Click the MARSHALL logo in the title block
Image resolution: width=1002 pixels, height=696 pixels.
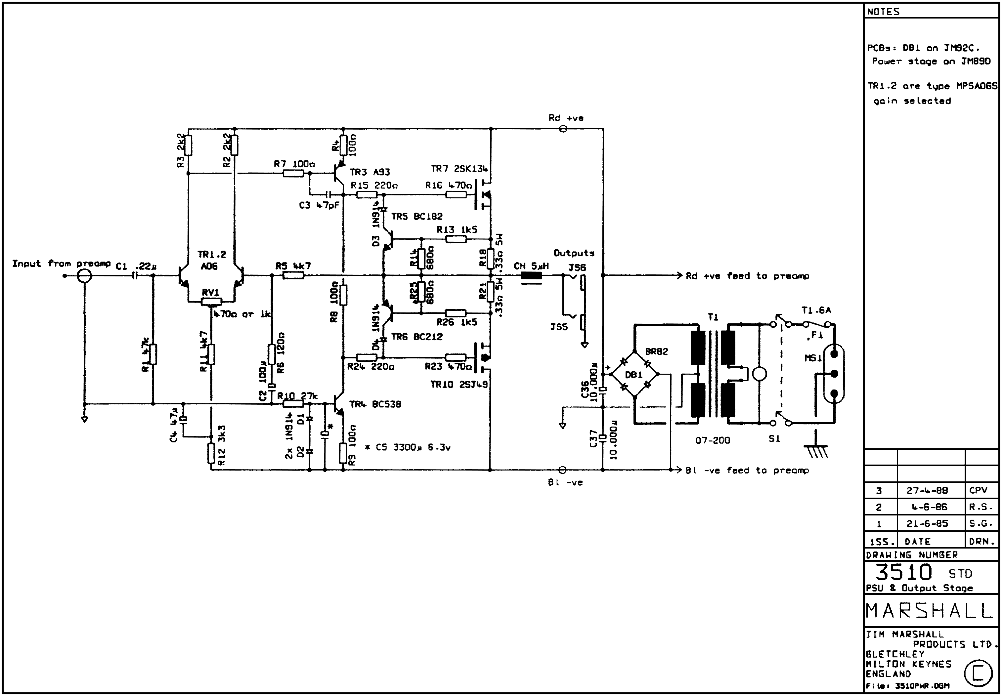point(929,610)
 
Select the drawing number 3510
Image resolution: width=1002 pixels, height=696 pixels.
point(903,572)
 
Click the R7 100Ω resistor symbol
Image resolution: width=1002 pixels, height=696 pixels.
point(293,174)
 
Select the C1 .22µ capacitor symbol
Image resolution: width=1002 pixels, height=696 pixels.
point(136,276)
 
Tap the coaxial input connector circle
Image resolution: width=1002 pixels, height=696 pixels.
point(84,276)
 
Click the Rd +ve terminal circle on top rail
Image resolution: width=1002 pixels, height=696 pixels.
point(563,129)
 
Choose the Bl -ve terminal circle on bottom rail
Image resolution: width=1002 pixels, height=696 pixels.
point(562,470)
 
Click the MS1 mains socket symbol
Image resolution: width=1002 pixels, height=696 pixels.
point(834,374)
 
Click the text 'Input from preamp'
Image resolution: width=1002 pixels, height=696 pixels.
point(61,264)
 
